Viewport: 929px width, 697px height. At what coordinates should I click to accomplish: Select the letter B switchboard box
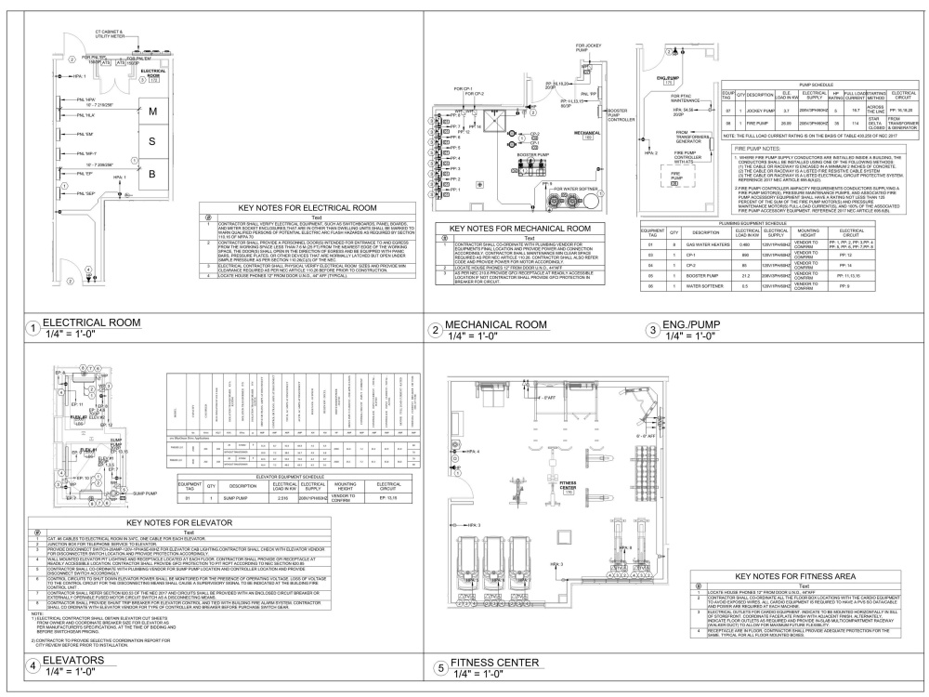coord(152,173)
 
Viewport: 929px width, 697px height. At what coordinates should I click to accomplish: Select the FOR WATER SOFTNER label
coord(578,188)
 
